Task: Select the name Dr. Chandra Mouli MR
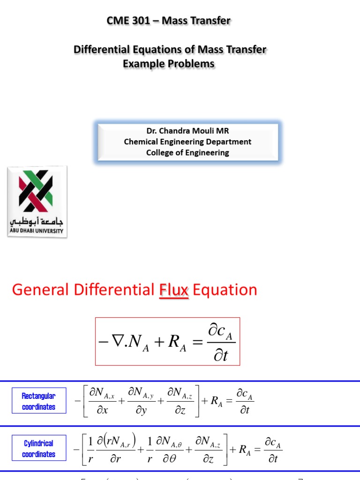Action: click(x=187, y=131)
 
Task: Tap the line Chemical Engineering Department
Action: click(x=187, y=142)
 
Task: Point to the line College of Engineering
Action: click(x=187, y=152)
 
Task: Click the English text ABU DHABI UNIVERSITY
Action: click(x=37, y=231)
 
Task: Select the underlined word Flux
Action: click(x=173, y=290)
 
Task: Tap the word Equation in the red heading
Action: click(x=225, y=290)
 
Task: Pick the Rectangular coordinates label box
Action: click(x=38, y=402)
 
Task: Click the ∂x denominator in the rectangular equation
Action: click(x=98, y=410)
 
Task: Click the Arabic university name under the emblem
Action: click(x=37, y=221)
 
